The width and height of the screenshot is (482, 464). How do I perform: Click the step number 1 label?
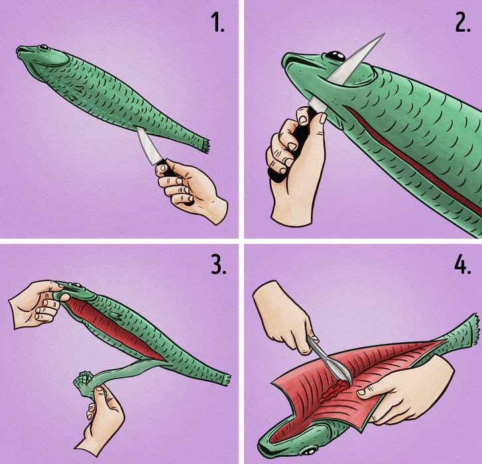point(218,23)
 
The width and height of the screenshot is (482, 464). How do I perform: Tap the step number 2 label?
point(463,23)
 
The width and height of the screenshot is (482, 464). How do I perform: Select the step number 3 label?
point(219,265)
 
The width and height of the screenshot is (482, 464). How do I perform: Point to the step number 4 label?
point(463,265)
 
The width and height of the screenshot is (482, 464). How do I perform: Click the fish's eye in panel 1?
point(44,47)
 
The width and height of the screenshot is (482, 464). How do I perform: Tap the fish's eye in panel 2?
point(335,56)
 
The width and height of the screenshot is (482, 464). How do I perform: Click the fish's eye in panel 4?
point(308,451)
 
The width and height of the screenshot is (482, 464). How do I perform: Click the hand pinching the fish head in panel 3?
point(38,304)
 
